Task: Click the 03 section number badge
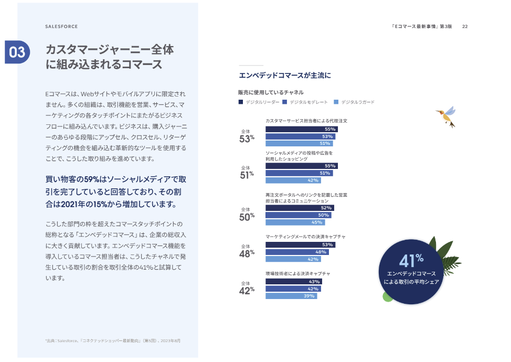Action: pos(17,52)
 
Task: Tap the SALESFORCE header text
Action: pos(61,26)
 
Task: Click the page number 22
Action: pos(465,26)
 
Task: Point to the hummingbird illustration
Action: pos(446,116)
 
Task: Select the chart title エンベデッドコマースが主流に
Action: pos(284,75)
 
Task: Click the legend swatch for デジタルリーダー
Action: pos(241,102)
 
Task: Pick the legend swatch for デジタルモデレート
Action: pos(284,102)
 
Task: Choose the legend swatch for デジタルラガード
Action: pos(336,102)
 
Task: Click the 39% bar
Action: pos(291,296)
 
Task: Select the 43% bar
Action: pos(293,282)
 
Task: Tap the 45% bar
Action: pos(295,222)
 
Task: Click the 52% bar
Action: pos(300,208)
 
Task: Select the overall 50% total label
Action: pos(247,215)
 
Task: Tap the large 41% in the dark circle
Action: pos(411,261)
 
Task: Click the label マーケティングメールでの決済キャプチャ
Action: pos(305,237)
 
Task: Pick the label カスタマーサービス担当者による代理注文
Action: pos(306,121)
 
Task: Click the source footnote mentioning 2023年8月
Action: pos(113,341)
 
